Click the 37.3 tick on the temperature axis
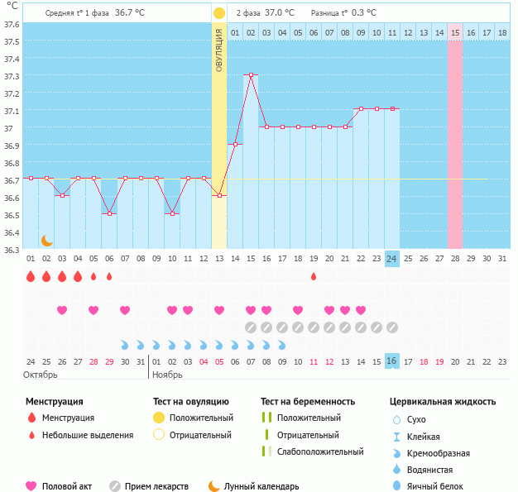point(12,76)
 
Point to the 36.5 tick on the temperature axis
point(12,215)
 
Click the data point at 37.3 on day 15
point(251,75)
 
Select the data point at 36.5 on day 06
point(109,213)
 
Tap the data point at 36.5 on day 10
point(172,213)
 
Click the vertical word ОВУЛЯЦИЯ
point(219,50)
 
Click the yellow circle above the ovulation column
point(219,13)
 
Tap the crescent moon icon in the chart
point(47,240)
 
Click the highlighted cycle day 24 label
point(392,259)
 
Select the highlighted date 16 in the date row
point(392,361)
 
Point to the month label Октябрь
point(41,375)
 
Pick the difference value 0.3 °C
point(361,12)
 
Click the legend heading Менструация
point(54,402)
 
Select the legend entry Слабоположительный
point(320,451)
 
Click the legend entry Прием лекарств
point(156,486)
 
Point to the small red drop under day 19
point(314,276)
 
